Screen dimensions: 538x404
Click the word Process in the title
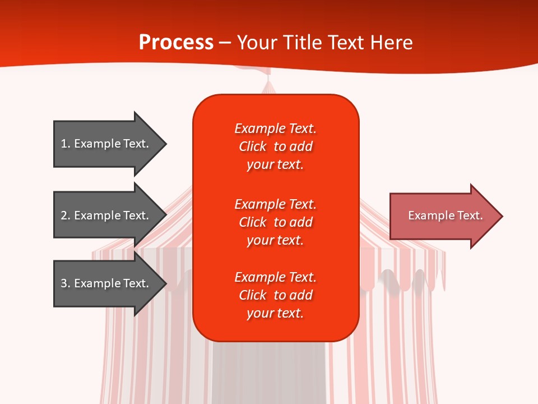[176, 43]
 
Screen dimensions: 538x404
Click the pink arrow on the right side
[443, 216]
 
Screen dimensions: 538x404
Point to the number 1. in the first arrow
[66, 144]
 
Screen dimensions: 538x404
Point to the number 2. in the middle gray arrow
[66, 215]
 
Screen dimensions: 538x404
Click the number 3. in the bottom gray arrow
[66, 283]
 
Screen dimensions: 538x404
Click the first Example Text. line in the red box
[275, 128]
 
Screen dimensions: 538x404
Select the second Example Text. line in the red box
[275, 204]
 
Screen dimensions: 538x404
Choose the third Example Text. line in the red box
[275, 277]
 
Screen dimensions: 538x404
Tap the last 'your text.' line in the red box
[275, 313]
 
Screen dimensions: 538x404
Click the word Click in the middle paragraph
[253, 222]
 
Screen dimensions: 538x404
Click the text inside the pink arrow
[445, 215]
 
